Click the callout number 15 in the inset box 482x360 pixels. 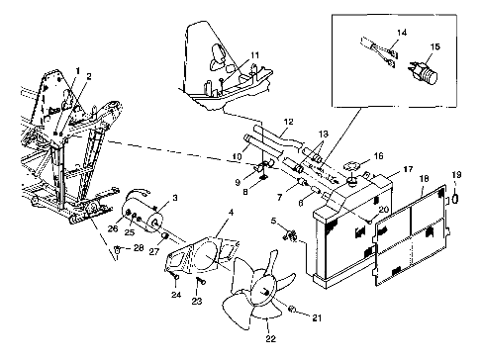click(x=435, y=46)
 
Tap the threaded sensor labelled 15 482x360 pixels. click(x=424, y=72)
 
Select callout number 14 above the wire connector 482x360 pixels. click(x=402, y=33)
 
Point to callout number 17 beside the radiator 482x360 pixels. click(x=408, y=169)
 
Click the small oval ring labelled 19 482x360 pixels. click(x=455, y=199)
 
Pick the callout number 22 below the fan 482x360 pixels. click(x=270, y=338)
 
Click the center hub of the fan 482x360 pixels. click(x=265, y=293)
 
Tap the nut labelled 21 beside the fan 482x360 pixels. click(x=291, y=309)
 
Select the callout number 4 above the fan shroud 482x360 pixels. click(x=231, y=213)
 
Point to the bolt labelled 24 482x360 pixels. click(x=176, y=277)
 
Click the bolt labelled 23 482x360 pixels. click(x=201, y=281)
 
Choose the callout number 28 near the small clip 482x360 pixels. click(x=139, y=247)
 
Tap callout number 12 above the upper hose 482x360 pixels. click(x=288, y=122)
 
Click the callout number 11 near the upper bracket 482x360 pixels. click(x=255, y=55)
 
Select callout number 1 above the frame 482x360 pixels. click(x=78, y=70)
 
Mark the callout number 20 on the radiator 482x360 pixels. click(x=384, y=209)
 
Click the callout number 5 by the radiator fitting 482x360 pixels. click(x=273, y=221)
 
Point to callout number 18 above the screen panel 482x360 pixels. click(x=424, y=178)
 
